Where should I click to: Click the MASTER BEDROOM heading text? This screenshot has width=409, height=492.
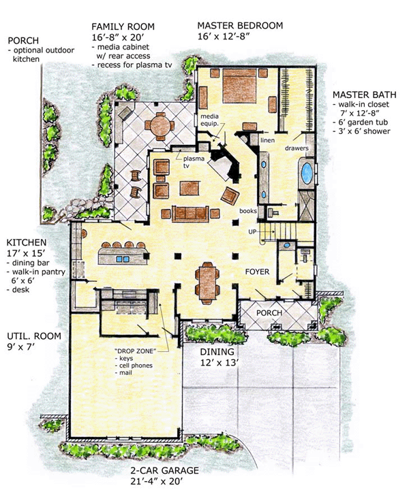tap(240, 25)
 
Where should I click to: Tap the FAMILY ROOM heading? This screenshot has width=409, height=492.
tap(123, 27)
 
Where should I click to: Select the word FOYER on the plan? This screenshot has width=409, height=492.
tap(257, 272)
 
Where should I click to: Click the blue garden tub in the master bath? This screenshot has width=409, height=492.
tap(307, 174)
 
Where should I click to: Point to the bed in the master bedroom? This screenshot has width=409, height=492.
tap(239, 86)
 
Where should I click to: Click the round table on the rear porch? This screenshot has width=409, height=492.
tap(160, 125)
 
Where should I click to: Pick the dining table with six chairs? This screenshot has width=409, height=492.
tap(207, 283)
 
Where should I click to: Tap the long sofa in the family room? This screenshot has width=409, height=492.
tap(190, 214)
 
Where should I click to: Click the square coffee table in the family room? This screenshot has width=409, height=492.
tap(190, 188)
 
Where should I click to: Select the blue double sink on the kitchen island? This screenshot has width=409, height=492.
tap(123, 259)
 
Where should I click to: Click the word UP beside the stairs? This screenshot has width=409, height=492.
tap(252, 232)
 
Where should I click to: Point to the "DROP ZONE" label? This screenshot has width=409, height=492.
tap(136, 351)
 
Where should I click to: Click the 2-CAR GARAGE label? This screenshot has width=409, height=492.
tap(165, 471)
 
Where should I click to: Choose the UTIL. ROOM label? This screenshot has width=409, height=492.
tap(34, 336)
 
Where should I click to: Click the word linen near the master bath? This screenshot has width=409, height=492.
tap(267, 140)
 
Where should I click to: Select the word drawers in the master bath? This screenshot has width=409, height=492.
tap(297, 148)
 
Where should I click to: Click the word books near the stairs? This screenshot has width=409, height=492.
tap(248, 211)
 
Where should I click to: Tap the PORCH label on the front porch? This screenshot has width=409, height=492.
tap(269, 313)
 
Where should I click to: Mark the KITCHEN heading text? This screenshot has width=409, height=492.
tap(27, 242)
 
